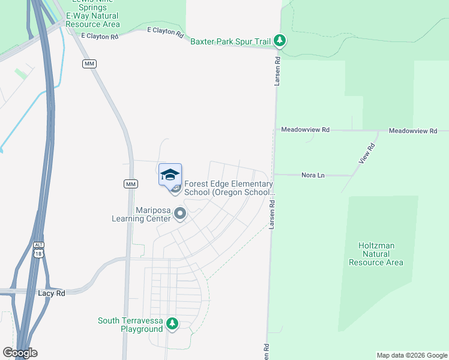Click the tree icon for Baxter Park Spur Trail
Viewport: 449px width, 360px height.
(280, 41)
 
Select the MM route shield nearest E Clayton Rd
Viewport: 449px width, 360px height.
(90, 64)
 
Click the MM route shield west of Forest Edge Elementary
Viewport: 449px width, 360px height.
(131, 183)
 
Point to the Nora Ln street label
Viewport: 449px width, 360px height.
(312, 175)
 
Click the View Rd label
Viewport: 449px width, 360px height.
(367, 154)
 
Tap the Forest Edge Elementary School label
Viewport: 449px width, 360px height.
(228, 188)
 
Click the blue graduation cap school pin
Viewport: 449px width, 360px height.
(170, 175)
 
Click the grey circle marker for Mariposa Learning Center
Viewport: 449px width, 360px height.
(179, 214)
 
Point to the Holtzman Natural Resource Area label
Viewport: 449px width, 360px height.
(376, 254)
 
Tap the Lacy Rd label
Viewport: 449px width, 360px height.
(51, 293)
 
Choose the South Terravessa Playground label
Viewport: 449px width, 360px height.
(130, 325)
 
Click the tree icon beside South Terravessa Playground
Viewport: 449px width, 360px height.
(172, 324)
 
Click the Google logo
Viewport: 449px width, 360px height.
(20, 353)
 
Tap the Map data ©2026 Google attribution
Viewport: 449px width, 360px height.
(412, 355)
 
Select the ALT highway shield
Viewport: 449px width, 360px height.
(39, 245)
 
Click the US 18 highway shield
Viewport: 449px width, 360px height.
(39, 254)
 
